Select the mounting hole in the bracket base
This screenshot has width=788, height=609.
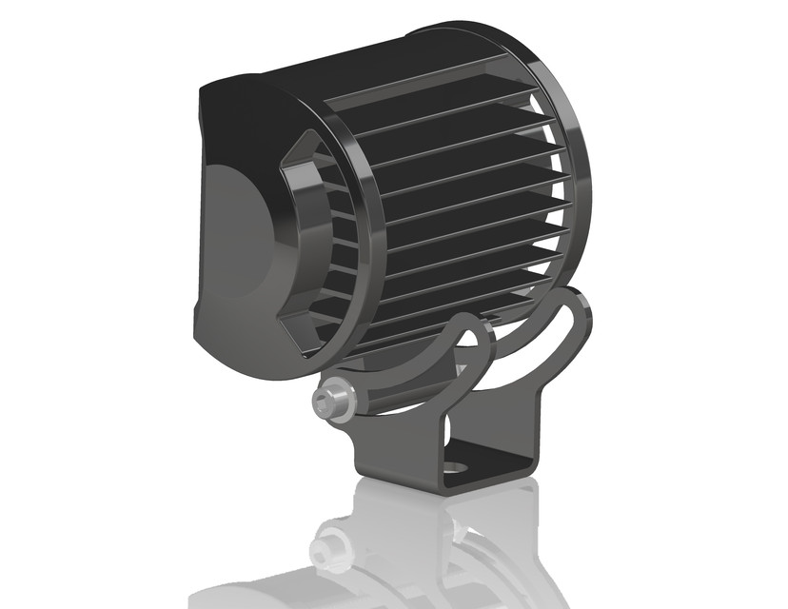pyautogui.click(x=459, y=469)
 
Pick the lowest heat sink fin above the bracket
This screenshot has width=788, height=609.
pyautogui.click(x=428, y=319)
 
